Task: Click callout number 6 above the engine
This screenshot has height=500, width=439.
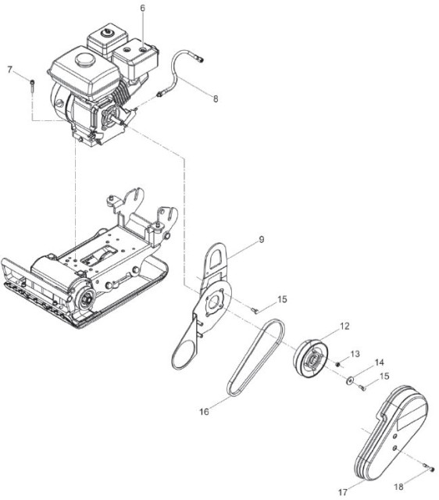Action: click(x=142, y=8)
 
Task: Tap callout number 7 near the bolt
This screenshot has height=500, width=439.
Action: click(x=10, y=70)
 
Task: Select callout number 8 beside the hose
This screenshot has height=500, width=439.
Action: click(x=216, y=99)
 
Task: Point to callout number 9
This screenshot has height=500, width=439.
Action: click(x=262, y=239)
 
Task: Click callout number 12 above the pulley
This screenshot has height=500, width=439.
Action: click(x=344, y=326)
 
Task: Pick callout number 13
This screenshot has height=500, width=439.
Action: click(x=355, y=354)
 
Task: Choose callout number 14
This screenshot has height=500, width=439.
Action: click(x=379, y=362)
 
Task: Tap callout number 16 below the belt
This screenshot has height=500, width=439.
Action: click(x=204, y=412)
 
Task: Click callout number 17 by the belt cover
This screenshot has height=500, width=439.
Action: click(x=342, y=493)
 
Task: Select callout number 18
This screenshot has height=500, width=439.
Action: click(x=398, y=487)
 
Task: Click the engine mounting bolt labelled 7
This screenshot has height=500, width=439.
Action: click(x=33, y=86)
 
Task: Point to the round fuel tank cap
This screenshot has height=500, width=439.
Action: click(x=84, y=59)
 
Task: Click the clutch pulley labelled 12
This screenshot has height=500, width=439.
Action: click(x=311, y=359)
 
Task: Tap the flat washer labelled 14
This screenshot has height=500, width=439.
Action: click(x=350, y=380)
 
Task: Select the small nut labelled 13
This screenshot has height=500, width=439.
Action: click(x=338, y=364)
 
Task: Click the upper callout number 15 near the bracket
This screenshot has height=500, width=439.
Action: click(x=282, y=299)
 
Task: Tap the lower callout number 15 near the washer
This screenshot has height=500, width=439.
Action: click(x=384, y=376)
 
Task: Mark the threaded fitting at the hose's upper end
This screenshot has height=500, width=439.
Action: click(x=200, y=59)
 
